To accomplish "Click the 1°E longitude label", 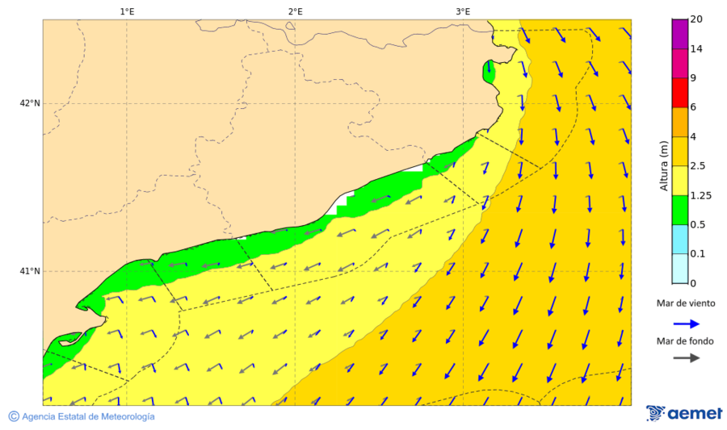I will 127,11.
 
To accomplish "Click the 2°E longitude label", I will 295,11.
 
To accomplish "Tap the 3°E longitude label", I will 463,11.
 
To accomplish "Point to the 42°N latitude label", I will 30,103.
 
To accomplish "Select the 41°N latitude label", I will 30,271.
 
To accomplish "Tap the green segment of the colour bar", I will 679,210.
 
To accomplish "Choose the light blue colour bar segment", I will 679,239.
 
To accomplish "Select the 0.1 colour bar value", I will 697,254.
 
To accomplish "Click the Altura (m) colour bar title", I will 664,166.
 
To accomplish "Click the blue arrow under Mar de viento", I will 687,323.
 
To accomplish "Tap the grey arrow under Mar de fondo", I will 687,357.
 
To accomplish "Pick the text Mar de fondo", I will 687,341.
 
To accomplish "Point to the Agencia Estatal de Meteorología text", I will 88,416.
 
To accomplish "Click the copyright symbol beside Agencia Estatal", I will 14,416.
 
